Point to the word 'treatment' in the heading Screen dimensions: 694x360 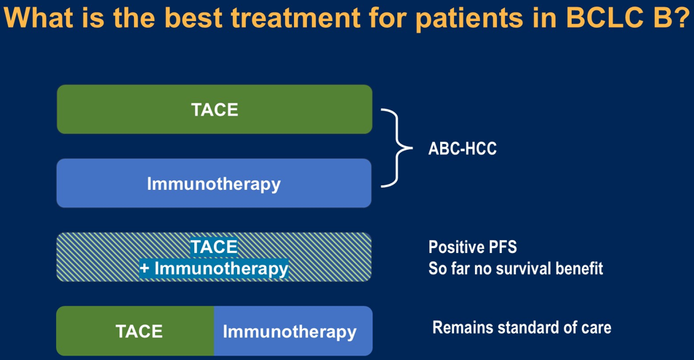(x=295, y=17)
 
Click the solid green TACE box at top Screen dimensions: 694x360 (x=215, y=109)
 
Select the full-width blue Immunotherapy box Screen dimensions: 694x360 (x=214, y=183)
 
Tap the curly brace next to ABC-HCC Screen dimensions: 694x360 (x=397, y=148)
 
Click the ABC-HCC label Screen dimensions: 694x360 (x=463, y=148)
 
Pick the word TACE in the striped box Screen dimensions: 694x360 (x=214, y=247)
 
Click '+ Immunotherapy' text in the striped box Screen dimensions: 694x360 (x=214, y=268)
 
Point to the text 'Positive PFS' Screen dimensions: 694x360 (x=472, y=247)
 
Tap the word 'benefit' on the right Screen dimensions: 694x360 (x=578, y=268)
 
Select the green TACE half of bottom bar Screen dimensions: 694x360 (x=135, y=331)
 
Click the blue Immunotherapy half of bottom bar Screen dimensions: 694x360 (x=293, y=331)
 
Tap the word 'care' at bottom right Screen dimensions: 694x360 (x=597, y=328)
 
